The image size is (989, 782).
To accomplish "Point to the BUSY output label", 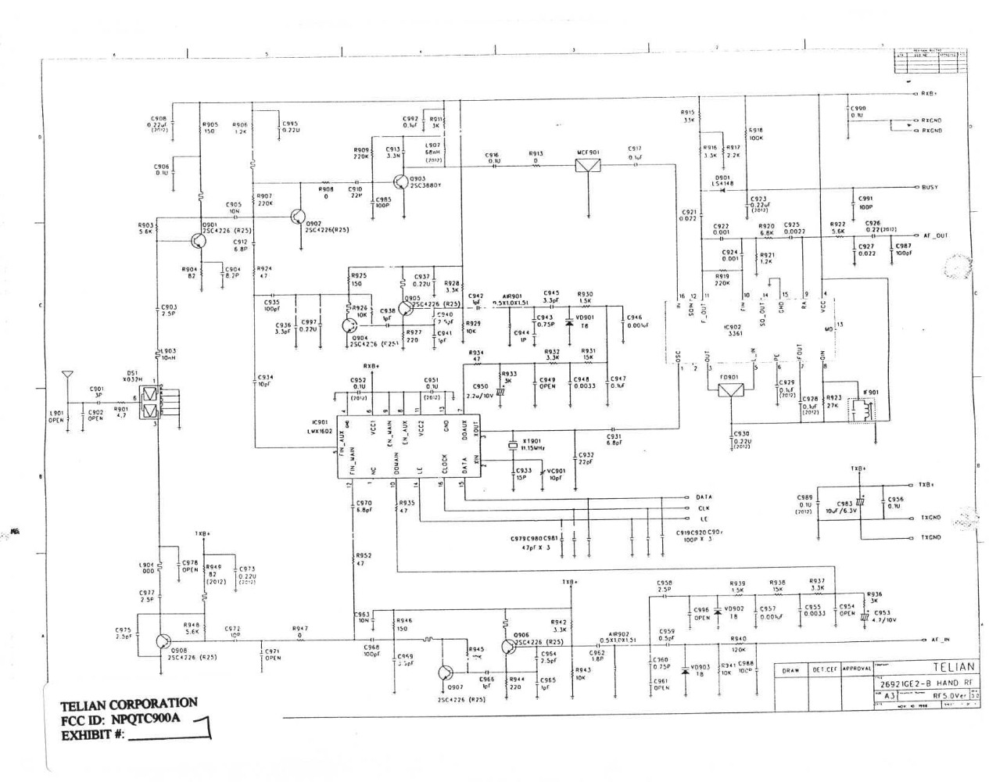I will (x=930, y=188).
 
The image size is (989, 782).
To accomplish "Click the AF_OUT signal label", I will (x=936, y=235).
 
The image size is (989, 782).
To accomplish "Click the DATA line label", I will (x=703, y=497).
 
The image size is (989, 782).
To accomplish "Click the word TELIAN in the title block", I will (x=954, y=667).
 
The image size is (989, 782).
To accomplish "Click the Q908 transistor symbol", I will (x=163, y=640).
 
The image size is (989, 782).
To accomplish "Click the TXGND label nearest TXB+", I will (x=930, y=517).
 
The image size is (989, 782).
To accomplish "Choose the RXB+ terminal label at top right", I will (x=929, y=94).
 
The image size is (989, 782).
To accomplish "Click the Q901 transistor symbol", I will (x=195, y=242).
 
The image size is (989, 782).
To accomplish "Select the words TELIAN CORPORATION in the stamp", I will (x=127, y=704).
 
